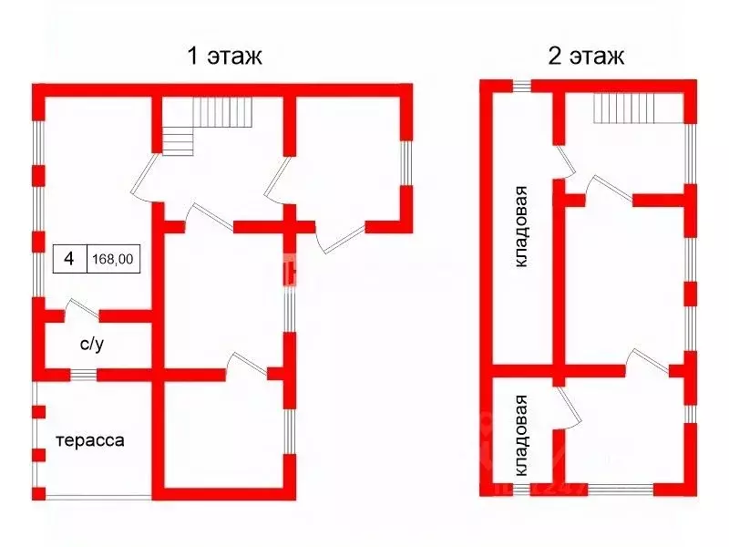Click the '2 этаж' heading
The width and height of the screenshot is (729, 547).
click(x=585, y=57)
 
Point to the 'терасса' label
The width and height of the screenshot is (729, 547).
click(x=90, y=440)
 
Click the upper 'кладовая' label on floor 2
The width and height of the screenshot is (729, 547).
click(x=521, y=226)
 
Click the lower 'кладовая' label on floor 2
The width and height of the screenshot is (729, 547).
click(x=521, y=436)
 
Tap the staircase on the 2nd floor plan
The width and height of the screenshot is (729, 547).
click(x=638, y=108)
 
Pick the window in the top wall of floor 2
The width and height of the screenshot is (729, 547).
click(x=521, y=86)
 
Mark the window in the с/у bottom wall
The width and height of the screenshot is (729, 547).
click(x=84, y=374)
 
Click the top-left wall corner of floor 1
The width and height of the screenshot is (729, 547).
click(x=38, y=90)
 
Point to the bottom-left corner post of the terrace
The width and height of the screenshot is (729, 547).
click(x=38, y=493)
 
